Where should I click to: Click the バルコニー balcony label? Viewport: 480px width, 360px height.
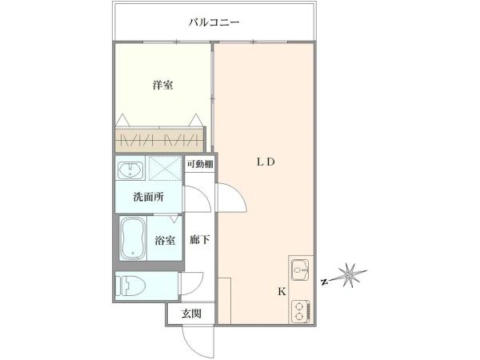coord(214,22)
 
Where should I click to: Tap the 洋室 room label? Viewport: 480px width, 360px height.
coord(163,85)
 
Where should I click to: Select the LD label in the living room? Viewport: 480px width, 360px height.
coord(266,162)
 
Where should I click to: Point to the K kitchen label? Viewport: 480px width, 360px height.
coord(282,291)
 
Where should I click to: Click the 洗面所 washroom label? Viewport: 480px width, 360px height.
coord(149,197)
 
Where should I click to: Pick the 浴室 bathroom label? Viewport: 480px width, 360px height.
coord(165,240)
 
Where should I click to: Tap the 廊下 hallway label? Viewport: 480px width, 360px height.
coord(199,239)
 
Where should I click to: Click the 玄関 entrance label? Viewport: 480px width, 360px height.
coord(191,314)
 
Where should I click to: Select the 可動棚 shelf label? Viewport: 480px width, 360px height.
coord(200,164)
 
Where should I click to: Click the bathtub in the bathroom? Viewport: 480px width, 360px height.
coord(133,238)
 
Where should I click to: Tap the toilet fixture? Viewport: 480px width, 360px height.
coord(130,286)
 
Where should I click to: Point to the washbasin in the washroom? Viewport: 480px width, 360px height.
coord(130,170)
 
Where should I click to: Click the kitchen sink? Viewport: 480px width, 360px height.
coord(300,270)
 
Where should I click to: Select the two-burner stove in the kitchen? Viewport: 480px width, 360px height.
coord(301,311)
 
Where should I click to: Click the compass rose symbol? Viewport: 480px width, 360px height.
coord(349,275)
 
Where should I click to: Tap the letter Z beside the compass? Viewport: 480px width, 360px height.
coord(325,282)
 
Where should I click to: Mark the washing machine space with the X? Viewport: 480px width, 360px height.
coord(166,168)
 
